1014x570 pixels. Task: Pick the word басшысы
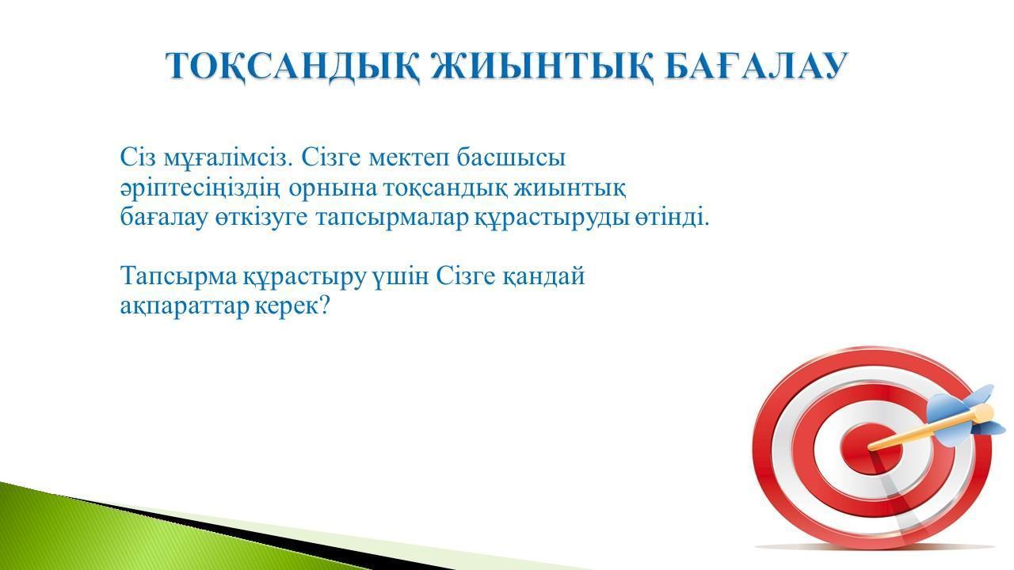(x=511, y=158)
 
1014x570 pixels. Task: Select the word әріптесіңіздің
(x=200, y=188)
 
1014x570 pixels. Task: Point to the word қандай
(x=543, y=276)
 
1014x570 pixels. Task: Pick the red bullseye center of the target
(x=871, y=449)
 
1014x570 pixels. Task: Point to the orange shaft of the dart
(x=924, y=428)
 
